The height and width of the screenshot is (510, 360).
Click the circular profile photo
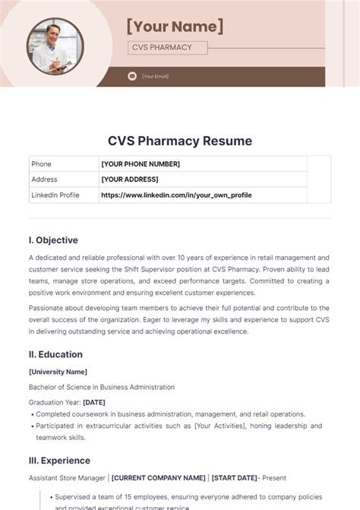[x=55, y=45]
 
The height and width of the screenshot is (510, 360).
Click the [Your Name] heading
[x=175, y=27]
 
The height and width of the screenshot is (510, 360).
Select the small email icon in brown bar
[x=132, y=76]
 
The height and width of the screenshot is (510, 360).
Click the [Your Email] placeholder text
[x=155, y=76]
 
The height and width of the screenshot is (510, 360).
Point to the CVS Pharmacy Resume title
[x=179, y=141]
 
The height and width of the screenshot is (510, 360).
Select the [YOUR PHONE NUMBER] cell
[x=140, y=164]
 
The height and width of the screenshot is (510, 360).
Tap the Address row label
[x=43, y=179]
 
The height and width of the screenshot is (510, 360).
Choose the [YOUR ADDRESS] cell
[x=129, y=179]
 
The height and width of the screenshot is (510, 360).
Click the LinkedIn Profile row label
[x=55, y=195]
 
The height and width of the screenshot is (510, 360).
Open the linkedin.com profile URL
[x=175, y=195]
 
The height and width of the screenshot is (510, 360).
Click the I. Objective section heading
[x=53, y=240]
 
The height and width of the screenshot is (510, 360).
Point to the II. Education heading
[x=55, y=354]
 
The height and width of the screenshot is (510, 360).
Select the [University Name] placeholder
[x=58, y=372]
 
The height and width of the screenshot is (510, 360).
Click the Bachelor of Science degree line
[x=101, y=387]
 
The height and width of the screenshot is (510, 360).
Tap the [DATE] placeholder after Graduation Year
[x=94, y=402]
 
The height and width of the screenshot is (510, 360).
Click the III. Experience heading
[x=59, y=461]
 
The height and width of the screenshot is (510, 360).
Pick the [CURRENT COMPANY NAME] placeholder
[x=159, y=478]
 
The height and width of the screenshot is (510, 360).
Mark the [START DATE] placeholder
[x=233, y=478]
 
